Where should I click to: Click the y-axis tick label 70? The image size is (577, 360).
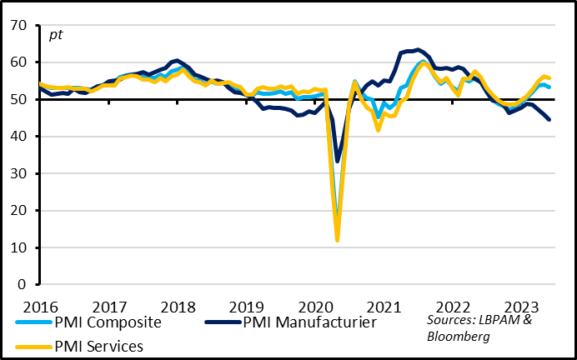click(18, 25)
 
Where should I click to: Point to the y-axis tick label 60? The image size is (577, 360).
click(18, 62)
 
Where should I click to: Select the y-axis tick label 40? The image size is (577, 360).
click(18, 137)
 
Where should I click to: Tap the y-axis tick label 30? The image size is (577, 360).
click(18, 173)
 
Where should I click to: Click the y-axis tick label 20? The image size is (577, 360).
click(18, 211)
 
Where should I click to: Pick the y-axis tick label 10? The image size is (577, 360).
click(18, 247)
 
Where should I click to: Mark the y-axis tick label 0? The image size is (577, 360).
click(23, 284)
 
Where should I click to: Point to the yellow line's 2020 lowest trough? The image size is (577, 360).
click(338, 241)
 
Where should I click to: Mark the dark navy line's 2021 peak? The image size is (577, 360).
click(418, 49)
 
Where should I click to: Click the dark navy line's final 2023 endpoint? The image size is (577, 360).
click(549, 119)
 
